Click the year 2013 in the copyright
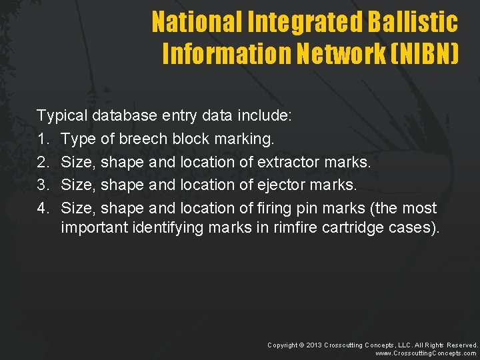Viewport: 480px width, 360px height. coord(313,345)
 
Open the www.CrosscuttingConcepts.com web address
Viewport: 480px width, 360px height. coord(427,354)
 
